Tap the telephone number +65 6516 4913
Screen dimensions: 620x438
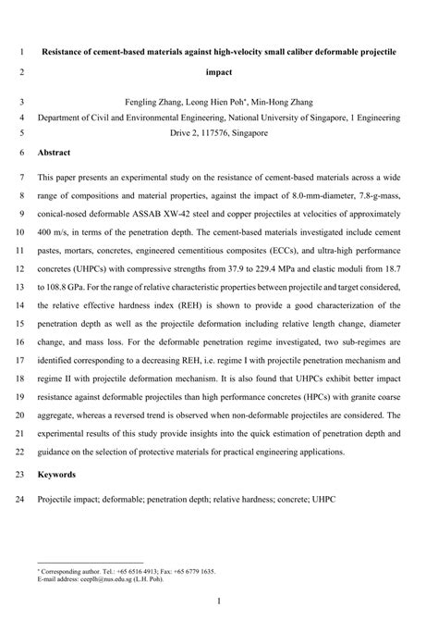coord(134,571)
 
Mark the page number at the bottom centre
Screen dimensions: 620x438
coord(219,601)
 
